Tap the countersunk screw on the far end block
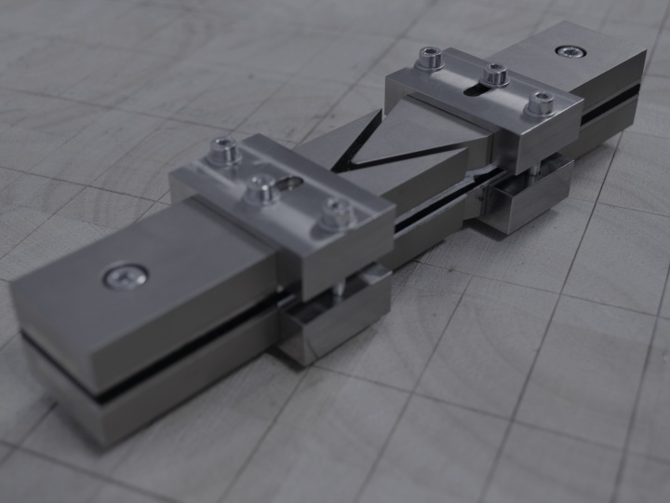(x=567, y=50)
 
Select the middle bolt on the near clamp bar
(x=261, y=190)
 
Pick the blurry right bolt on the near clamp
(x=337, y=213)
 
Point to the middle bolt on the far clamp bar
(x=494, y=73)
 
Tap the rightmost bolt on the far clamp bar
(x=539, y=102)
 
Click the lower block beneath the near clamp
(x=335, y=321)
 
